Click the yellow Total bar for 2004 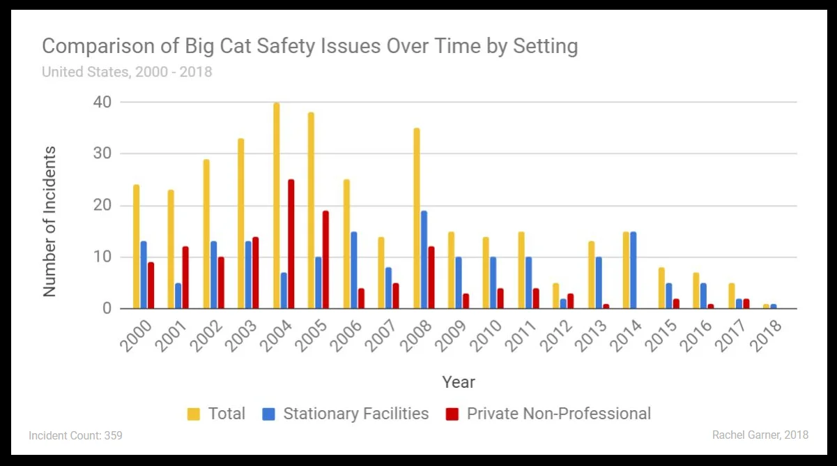pyautogui.click(x=277, y=206)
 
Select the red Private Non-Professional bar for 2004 pyautogui.click(x=291, y=244)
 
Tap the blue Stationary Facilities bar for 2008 pyautogui.click(x=424, y=260)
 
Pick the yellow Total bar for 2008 pyautogui.click(x=417, y=218)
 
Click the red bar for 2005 pyautogui.click(x=325, y=260)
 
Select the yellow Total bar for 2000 pyautogui.click(x=137, y=246)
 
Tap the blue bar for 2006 pyautogui.click(x=354, y=270)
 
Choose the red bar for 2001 pyautogui.click(x=185, y=278)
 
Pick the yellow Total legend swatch pyautogui.click(x=194, y=414)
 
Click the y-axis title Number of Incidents pyautogui.click(x=49, y=222)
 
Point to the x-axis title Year pyautogui.click(x=459, y=382)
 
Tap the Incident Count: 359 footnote pyautogui.click(x=75, y=435)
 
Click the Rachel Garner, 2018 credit pyautogui.click(x=760, y=435)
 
